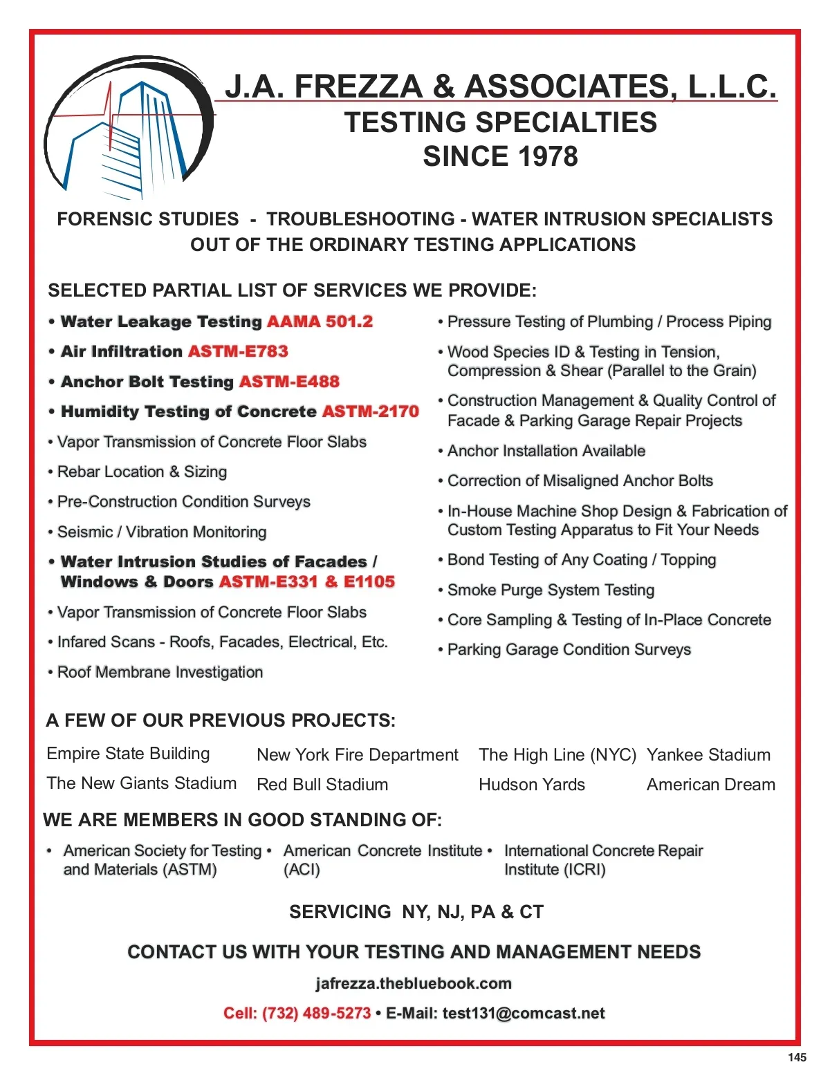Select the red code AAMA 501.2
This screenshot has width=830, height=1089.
320,322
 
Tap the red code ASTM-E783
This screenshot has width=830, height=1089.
238,352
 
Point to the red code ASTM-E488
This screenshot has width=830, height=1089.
289,382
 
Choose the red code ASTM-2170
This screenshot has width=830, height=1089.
371,412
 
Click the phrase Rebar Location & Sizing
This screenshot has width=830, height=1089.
142,472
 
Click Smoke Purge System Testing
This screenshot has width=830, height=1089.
551,590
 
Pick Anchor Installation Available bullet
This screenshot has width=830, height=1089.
546,452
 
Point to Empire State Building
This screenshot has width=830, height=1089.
128,754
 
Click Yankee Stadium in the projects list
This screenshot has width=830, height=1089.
708,755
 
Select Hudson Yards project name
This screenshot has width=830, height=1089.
532,785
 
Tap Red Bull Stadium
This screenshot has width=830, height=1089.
322,785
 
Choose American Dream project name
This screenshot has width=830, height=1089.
711,785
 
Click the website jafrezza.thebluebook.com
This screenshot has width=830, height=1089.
414,984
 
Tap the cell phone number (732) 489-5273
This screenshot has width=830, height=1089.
316,1014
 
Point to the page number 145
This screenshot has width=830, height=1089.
797,1057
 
